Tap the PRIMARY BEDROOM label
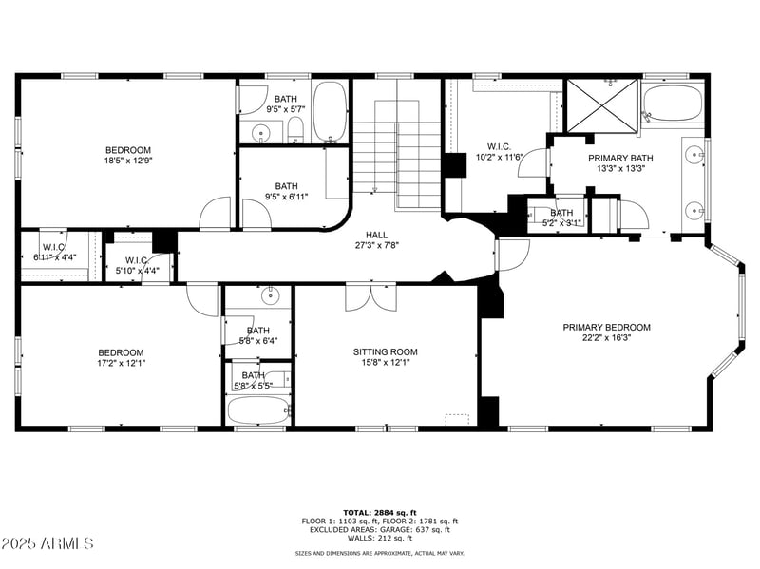606,327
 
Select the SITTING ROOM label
385,351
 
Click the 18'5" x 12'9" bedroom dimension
128,161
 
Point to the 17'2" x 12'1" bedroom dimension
122,362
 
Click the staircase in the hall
394,152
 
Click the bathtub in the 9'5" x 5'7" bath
330,112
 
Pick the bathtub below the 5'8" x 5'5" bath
258,411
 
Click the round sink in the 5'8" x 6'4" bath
270,294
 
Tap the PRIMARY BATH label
620,159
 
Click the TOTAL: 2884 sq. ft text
380,512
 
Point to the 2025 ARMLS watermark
47,544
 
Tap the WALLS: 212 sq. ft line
380,538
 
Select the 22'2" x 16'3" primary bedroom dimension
606,337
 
